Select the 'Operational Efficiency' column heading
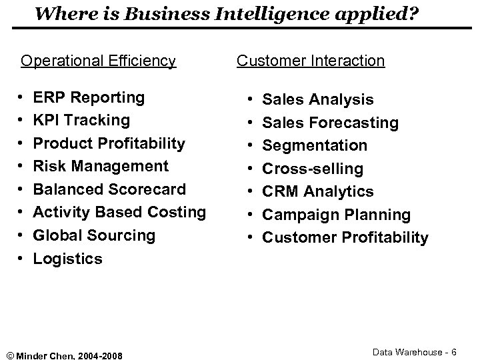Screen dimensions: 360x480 click(x=98, y=61)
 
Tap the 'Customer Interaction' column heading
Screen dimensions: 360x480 click(x=311, y=61)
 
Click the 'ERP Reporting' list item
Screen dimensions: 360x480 click(x=89, y=97)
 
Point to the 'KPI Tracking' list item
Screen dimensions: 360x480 click(x=81, y=120)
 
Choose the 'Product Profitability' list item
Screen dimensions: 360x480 click(x=109, y=143)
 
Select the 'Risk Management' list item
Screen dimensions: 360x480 click(x=101, y=166)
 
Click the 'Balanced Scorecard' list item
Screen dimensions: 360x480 click(x=109, y=189)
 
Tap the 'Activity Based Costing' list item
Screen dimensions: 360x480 click(x=119, y=212)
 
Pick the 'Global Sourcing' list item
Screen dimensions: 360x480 click(x=94, y=235)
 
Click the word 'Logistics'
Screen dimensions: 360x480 click(x=68, y=259)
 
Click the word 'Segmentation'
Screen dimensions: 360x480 click(x=315, y=145)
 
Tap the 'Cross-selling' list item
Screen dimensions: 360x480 click(x=313, y=169)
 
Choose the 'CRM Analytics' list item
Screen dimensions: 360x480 click(x=317, y=191)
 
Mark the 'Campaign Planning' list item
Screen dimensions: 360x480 click(x=337, y=215)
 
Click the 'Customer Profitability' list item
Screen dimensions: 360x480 click(x=345, y=237)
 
